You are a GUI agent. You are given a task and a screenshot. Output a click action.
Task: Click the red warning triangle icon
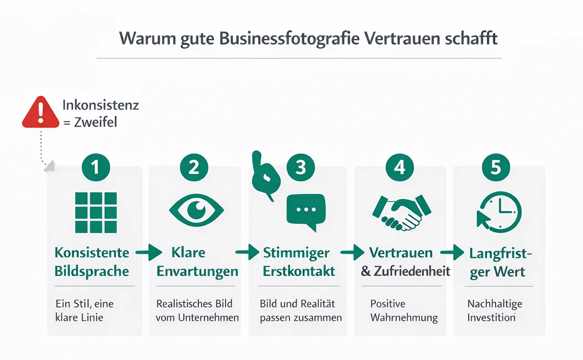pyautogui.click(x=41, y=112)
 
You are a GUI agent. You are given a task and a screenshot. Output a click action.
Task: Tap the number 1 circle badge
pyautogui.click(x=96, y=167)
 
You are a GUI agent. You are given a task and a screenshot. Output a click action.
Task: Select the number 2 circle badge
pyautogui.click(x=194, y=167)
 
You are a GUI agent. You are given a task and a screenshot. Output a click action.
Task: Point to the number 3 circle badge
pyautogui.click(x=301, y=167)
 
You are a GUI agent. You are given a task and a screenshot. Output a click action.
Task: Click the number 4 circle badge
pyautogui.click(x=399, y=167)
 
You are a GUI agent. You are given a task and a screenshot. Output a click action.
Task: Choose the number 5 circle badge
pyautogui.click(x=496, y=167)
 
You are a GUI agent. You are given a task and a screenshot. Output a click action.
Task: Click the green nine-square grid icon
pyautogui.click(x=96, y=212)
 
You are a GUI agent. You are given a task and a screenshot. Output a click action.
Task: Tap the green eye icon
pyautogui.click(x=196, y=210)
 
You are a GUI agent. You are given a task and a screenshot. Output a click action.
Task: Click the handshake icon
pyautogui.click(x=402, y=212)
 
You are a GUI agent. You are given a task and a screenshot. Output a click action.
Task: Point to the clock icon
pyautogui.click(x=499, y=212)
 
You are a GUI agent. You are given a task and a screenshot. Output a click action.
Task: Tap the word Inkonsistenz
pyautogui.click(x=101, y=105)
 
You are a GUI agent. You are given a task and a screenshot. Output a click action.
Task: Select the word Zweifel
pyautogui.click(x=96, y=122)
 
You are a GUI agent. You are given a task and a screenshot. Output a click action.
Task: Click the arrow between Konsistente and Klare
pyautogui.click(x=149, y=252)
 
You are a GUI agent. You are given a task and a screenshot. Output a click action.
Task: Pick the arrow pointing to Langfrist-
pyautogui.click(x=452, y=252)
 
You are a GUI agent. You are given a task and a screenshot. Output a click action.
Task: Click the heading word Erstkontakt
pyautogui.click(x=299, y=272)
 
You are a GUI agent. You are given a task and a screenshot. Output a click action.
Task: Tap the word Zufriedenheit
pyautogui.click(x=412, y=272)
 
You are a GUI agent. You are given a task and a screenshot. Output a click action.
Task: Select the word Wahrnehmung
pyautogui.click(x=404, y=318)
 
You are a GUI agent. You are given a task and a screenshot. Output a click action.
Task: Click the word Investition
pyautogui.click(x=491, y=318)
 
